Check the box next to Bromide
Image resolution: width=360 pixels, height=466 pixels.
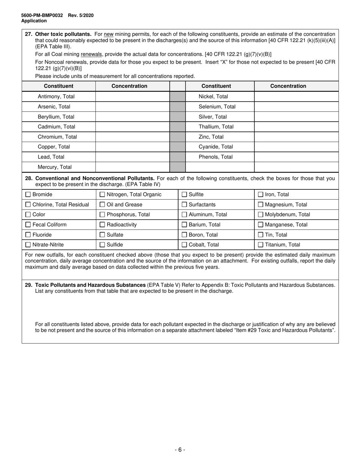(28, 195)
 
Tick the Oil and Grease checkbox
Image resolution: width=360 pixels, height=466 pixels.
(102, 205)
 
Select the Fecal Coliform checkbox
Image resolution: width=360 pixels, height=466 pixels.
(28, 225)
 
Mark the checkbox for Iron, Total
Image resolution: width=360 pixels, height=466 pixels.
(261, 195)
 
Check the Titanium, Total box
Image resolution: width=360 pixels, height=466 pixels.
(261, 245)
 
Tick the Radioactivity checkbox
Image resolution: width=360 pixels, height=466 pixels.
(102, 225)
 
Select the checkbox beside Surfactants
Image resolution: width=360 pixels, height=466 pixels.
(184, 205)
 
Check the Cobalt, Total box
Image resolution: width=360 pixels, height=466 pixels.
(184, 245)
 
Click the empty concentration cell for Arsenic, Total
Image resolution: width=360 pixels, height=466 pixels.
(132, 107)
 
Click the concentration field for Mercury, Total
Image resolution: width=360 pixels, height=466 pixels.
(132, 167)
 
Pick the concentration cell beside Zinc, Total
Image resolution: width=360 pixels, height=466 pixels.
(296, 137)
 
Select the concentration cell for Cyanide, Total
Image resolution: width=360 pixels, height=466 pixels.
(296, 147)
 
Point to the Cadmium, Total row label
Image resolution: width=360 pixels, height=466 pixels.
(56, 127)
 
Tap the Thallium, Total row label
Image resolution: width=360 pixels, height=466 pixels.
(216, 127)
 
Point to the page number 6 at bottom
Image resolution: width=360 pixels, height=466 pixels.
(180, 450)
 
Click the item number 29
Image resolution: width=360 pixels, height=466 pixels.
(28, 285)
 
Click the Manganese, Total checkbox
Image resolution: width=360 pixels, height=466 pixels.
(261, 225)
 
